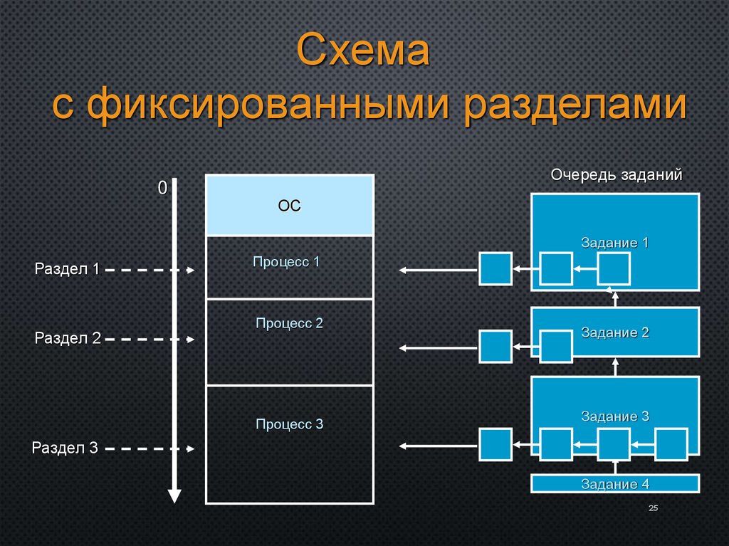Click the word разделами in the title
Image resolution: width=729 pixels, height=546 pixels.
tap(576, 105)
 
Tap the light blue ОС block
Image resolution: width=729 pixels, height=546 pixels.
tap(290, 206)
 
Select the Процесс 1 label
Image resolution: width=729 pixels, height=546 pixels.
tap(286, 262)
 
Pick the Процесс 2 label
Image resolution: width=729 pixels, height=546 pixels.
tap(289, 323)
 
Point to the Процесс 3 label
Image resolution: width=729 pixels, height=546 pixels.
tap(289, 424)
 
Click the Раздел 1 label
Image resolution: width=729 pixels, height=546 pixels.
tap(67, 269)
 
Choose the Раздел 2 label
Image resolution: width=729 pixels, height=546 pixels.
tap(68, 339)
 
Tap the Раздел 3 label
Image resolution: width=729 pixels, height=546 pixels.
tap(65, 448)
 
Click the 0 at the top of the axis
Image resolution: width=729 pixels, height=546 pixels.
tap(162, 188)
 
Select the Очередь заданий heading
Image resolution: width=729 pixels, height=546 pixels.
tap(617, 175)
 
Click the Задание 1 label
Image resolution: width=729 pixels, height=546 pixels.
tap(615, 243)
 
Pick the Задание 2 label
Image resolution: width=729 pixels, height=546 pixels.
tap(615, 332)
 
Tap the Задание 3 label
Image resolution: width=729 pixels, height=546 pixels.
tap(615, 416)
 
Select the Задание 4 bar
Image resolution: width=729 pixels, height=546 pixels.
tap(615, 484)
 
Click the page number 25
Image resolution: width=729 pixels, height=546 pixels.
tap(653, 508)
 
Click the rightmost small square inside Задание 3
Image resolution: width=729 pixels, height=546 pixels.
tap(671, 445)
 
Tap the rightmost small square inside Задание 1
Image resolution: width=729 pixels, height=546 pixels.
tap(614, 268)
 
